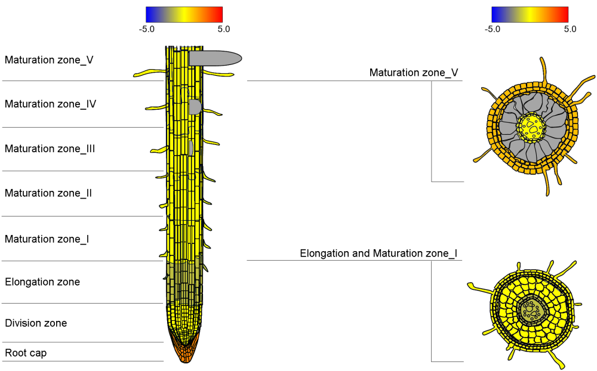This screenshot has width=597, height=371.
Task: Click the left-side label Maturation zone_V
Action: point(49,60)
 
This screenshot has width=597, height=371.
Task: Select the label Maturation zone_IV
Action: point(51,104)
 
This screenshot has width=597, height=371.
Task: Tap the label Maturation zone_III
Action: point(50,149)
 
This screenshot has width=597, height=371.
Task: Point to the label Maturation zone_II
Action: point(48,193)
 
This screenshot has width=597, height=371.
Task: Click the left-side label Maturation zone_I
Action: point(47,239)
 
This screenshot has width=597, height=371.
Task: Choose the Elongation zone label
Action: point(42,282)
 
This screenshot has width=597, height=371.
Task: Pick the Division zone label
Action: point(36,323)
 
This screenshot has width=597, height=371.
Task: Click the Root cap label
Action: point(26,353)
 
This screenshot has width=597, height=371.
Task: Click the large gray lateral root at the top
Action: point(215,58)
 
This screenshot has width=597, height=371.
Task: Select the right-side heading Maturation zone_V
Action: point(414,73)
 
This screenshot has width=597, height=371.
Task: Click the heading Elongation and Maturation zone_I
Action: point(378,253)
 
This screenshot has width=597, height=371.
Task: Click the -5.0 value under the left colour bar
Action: point(147,29)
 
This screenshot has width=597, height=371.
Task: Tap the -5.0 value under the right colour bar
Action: point(493,29)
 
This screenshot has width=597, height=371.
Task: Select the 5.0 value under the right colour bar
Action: point(570,29)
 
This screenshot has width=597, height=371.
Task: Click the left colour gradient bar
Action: point(184,14)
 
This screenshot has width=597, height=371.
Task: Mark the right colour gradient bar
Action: point(530,14)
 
